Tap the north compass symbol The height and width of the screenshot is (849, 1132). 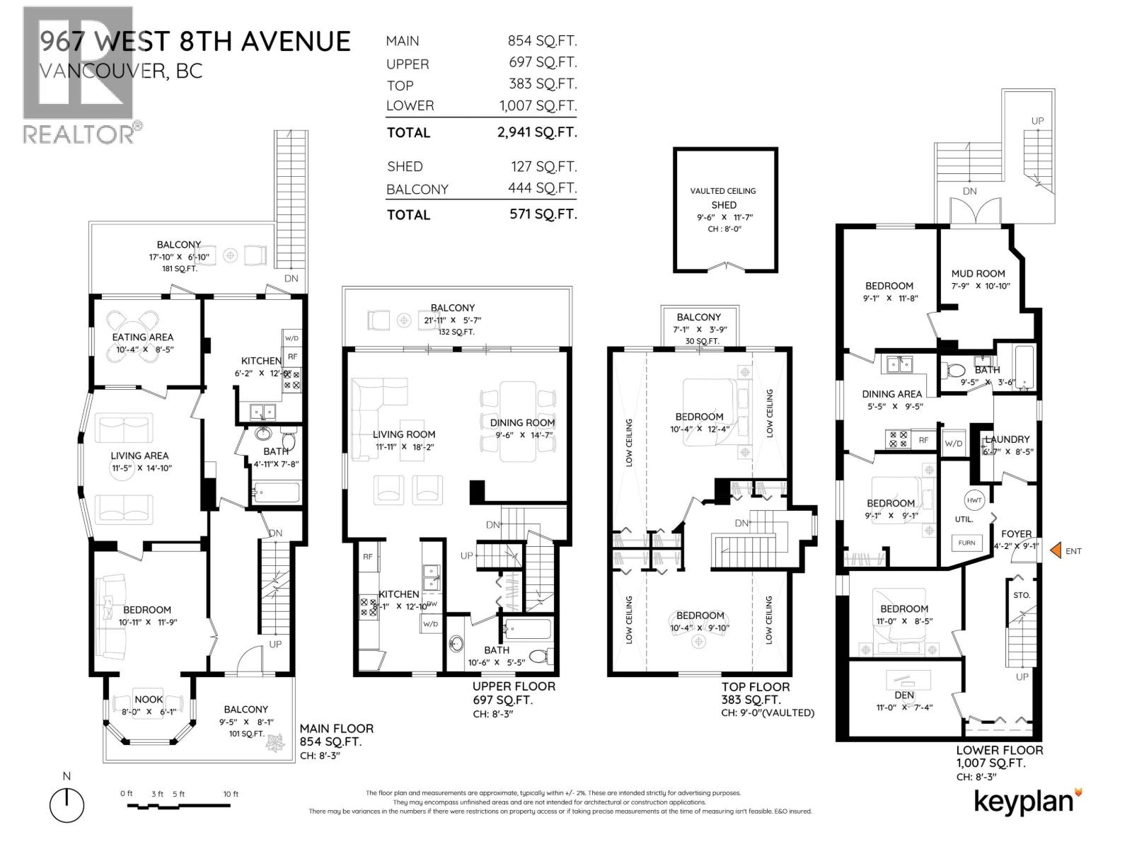click(67, 804)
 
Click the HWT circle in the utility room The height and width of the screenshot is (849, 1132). click(974, 500)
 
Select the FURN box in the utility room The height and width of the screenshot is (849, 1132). click(966, 543)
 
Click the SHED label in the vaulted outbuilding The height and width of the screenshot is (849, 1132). click(724, 204)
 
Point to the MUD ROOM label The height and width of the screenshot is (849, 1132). click(978, 273)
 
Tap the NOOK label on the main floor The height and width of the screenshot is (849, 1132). click(149, 699)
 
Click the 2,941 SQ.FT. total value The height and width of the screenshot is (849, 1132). click(536, 132)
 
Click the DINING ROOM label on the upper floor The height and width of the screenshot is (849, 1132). click(522, 422)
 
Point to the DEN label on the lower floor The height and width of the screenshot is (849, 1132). click(904, 695)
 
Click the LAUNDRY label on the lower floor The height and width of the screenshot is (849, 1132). click(1008, 439)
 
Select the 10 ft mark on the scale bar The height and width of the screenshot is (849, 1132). click(231, 794)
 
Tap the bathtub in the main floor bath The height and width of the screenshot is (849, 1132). click(277, 492)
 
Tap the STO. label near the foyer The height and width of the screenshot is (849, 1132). click(1021, 595)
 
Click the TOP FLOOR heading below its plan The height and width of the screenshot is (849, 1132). click(756, 686)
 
